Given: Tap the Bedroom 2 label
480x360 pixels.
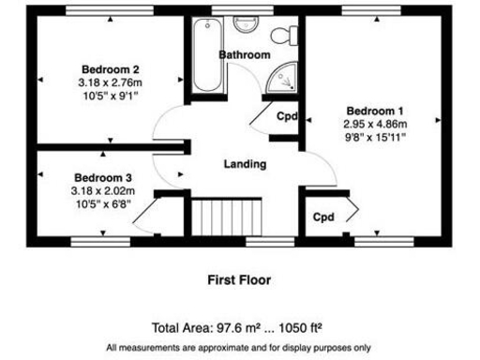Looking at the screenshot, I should click(x=111, y=69).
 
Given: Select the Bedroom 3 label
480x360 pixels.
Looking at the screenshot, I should click(x=103, y=178).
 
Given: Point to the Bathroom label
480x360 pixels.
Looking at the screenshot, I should click(x=245, y=55).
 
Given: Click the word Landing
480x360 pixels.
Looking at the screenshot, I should click(x=245, y=164).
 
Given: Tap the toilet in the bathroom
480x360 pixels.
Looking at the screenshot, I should click(x=283, y=36).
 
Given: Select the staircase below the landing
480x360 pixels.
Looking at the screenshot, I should click(x=225, y=218).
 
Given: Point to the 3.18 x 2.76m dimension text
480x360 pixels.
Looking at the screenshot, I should click(x=111, y=82).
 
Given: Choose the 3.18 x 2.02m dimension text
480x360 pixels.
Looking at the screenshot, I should click(x=103, y=191).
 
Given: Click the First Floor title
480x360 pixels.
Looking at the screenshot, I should click(x=239, y=278).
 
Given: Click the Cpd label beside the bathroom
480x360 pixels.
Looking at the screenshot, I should click(x=287, y=116).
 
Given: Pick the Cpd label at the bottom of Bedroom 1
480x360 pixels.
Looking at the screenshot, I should click(x=323, y=217).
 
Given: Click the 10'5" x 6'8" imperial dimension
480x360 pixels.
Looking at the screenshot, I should click(x=103, y=204).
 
